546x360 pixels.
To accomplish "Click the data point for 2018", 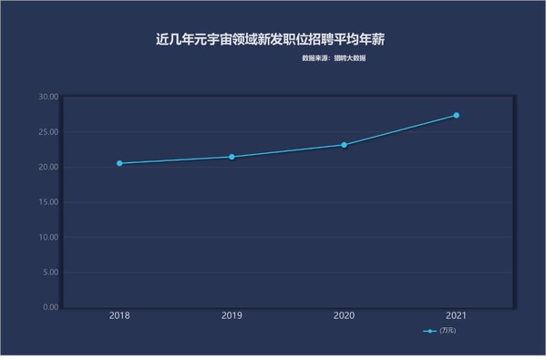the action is point(119,163).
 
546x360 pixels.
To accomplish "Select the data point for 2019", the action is point(232,157).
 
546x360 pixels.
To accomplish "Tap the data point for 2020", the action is point(344,145).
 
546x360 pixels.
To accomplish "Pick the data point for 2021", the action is point(456,115).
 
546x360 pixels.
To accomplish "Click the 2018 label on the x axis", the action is point(119,315).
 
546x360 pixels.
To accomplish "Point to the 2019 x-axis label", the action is point(232,315).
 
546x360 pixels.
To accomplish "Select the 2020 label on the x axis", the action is point(344,315).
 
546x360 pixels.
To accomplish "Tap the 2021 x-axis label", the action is point(456,315).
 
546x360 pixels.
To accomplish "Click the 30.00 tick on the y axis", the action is point(48,97).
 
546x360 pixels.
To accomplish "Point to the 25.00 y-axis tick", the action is point(48,132).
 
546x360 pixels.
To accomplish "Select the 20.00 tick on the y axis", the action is point(48,167).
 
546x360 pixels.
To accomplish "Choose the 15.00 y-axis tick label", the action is point(48,202).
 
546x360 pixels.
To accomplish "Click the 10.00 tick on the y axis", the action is point(48,237).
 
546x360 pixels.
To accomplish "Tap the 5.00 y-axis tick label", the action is point(51,273).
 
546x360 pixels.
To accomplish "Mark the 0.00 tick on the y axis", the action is point(51,307).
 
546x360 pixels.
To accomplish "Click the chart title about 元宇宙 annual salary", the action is point(270,39).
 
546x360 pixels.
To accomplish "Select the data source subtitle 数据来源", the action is point(334,58).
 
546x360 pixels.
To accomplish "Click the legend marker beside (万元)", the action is point(429,331).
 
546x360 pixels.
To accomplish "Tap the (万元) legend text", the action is point(448,331).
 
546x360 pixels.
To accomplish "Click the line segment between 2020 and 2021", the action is point(400,130).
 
